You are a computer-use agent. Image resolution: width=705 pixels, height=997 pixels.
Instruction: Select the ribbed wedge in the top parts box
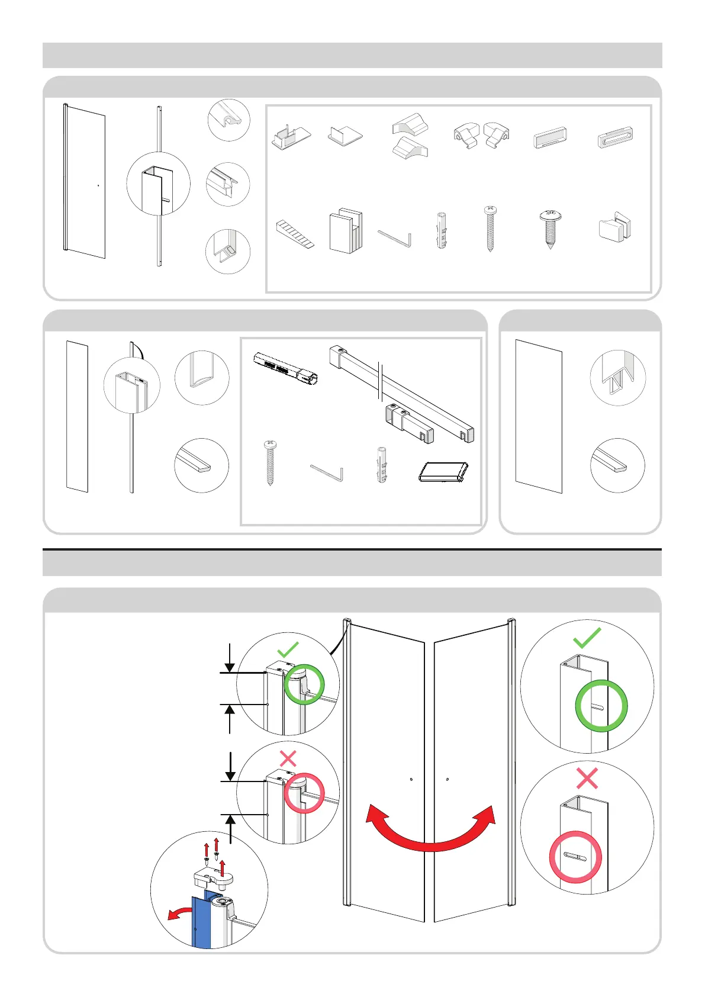click(x=294, y=233)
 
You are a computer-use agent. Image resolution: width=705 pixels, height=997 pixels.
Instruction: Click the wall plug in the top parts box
click(x=442, y=230)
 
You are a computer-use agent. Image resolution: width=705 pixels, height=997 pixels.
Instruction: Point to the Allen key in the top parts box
click(x=395, y=238)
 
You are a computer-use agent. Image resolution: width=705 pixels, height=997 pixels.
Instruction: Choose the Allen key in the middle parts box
click(x=327, y=472)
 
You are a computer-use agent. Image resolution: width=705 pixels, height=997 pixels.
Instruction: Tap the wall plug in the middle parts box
click(x=382, y=465)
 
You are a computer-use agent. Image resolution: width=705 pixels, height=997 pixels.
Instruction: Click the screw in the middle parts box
click(x=271, y=462)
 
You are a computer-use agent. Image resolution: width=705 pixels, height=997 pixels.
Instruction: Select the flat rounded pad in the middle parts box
click(x=443, y=472)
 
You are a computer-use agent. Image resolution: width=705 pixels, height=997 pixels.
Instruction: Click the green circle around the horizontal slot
click(x=601, y=706)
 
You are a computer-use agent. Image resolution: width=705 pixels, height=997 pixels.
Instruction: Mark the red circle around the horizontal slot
click(x=575, y=857)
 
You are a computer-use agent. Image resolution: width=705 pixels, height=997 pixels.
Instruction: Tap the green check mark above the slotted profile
click(x=587, y=638)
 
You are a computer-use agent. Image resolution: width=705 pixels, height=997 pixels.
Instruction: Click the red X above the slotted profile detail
click(x=587, y=778)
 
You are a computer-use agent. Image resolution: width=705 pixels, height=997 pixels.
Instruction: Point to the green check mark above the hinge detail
click(x=288, y=649)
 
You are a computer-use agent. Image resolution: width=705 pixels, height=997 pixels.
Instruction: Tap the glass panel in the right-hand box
click(x=538, y=416)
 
